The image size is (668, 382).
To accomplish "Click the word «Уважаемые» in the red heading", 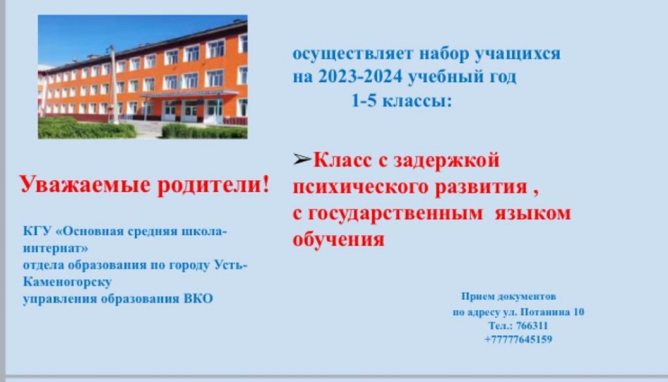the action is pos(85,186).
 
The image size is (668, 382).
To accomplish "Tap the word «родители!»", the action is pos(214,186).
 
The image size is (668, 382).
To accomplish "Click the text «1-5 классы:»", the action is pos(402,101).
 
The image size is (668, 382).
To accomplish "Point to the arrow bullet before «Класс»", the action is pos(302,160).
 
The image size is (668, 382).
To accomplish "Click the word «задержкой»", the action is pos(446,161).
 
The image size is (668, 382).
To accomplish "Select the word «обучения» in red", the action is pos(339,238).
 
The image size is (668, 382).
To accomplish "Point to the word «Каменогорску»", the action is pos(68,282).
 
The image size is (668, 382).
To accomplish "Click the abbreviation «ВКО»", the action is pos(198,298).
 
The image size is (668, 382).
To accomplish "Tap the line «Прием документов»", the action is pos(508,296).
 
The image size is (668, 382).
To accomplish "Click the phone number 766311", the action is pos(532,326).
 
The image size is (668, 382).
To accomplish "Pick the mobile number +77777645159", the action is pos(518,339).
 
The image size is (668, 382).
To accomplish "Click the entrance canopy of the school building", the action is pos(190,94).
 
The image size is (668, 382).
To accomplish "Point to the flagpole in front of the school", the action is pos(113,84).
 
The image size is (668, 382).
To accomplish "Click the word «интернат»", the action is pos(56,248).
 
